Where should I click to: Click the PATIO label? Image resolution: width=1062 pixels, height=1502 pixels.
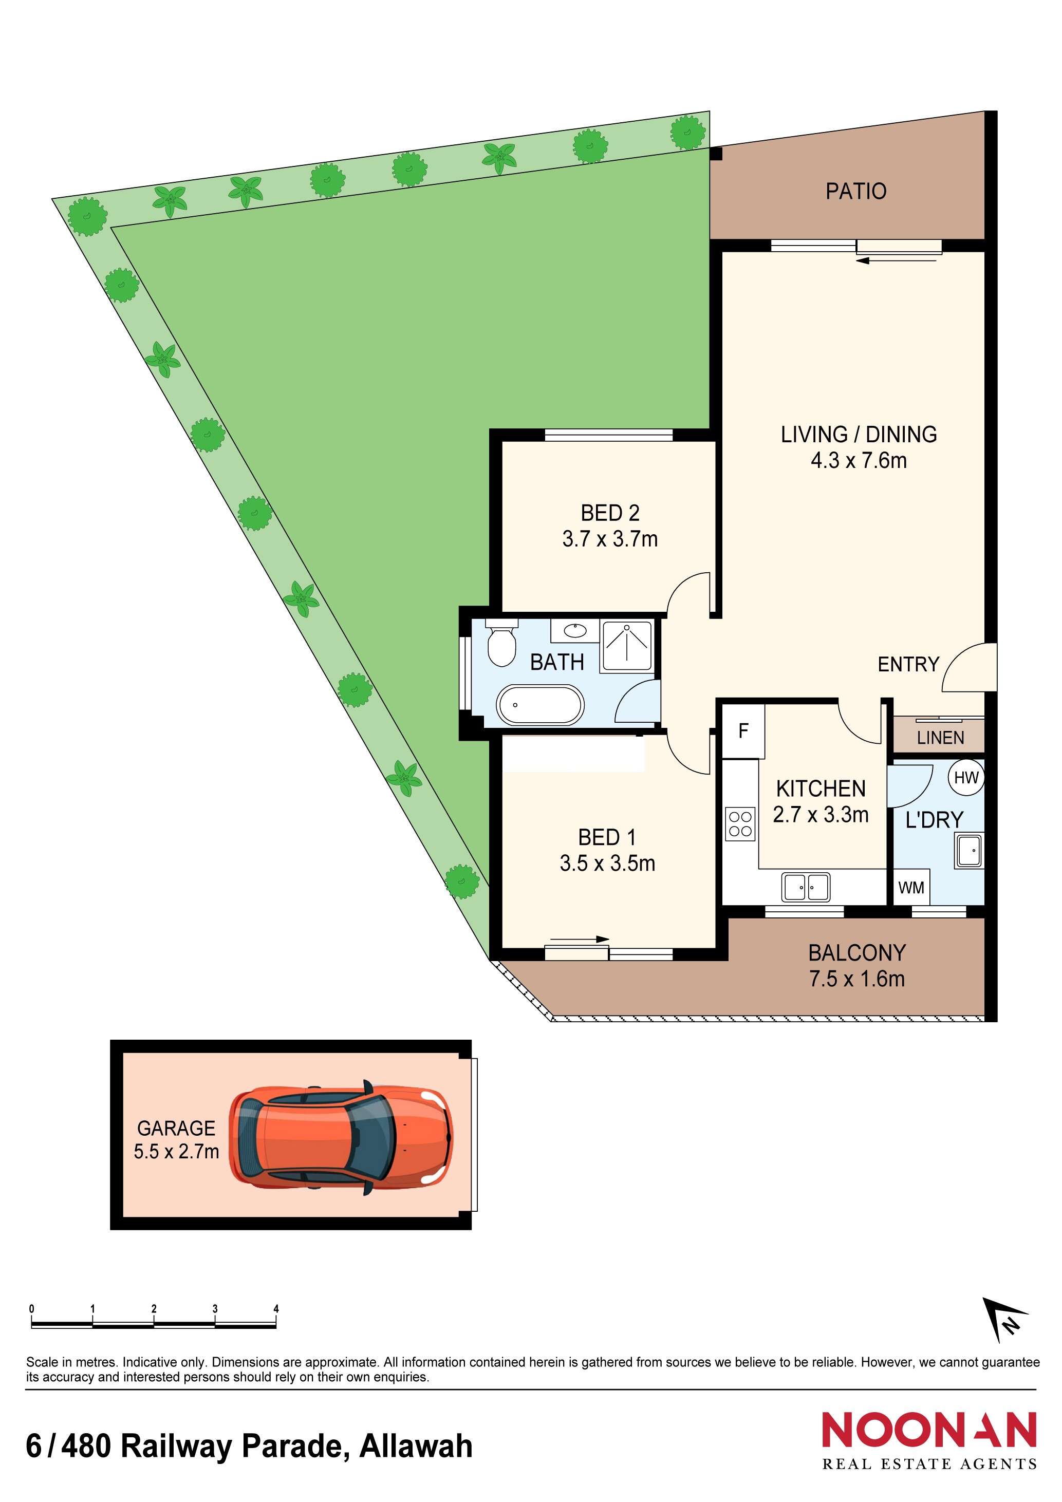point(855,192)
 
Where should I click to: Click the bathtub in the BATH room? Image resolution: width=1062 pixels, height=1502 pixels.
point(541,705)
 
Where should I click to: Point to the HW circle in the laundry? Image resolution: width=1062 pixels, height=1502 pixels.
point(966,778)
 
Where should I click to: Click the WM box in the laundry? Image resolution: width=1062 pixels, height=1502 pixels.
point(911,888)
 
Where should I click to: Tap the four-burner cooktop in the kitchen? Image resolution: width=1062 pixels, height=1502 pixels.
point(740,824)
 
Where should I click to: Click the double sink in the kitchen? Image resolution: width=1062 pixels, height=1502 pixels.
point(806,888)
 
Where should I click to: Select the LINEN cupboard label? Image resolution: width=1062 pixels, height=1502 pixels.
point(940,738)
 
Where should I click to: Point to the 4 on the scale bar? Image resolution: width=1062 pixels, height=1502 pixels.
point(276,1309)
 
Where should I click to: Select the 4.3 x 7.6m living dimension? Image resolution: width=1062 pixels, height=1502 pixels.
point(859,461)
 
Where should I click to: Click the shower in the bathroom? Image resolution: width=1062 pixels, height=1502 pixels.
point(627,646)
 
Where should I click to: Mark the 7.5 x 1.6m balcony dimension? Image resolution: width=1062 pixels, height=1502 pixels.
point(856,979)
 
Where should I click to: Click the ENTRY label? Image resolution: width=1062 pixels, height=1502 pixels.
point(908,665)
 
